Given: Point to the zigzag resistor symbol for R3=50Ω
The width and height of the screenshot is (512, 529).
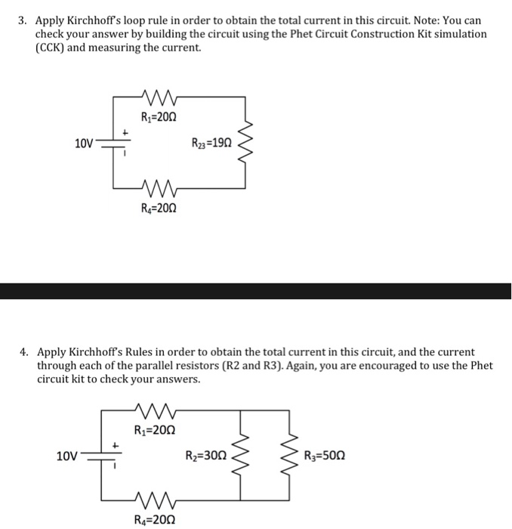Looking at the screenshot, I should click(x=288, y=456).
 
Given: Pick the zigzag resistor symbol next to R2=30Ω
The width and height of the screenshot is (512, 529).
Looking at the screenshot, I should click(x=242, y=456).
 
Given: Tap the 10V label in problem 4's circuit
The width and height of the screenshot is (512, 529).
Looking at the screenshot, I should click(x=67, y=456).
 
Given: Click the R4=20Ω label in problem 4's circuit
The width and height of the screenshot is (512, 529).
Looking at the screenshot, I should click(x=159, y=519).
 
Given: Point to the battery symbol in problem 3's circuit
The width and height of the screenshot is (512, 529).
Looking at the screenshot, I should click(x=115, y=144).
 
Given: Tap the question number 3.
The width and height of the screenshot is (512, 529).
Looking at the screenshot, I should click(x=23, y=20).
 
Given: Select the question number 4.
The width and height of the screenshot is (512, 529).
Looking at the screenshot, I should click(x=23, y=352).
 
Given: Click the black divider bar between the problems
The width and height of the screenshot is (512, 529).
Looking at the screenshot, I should click(x=256, y=291).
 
